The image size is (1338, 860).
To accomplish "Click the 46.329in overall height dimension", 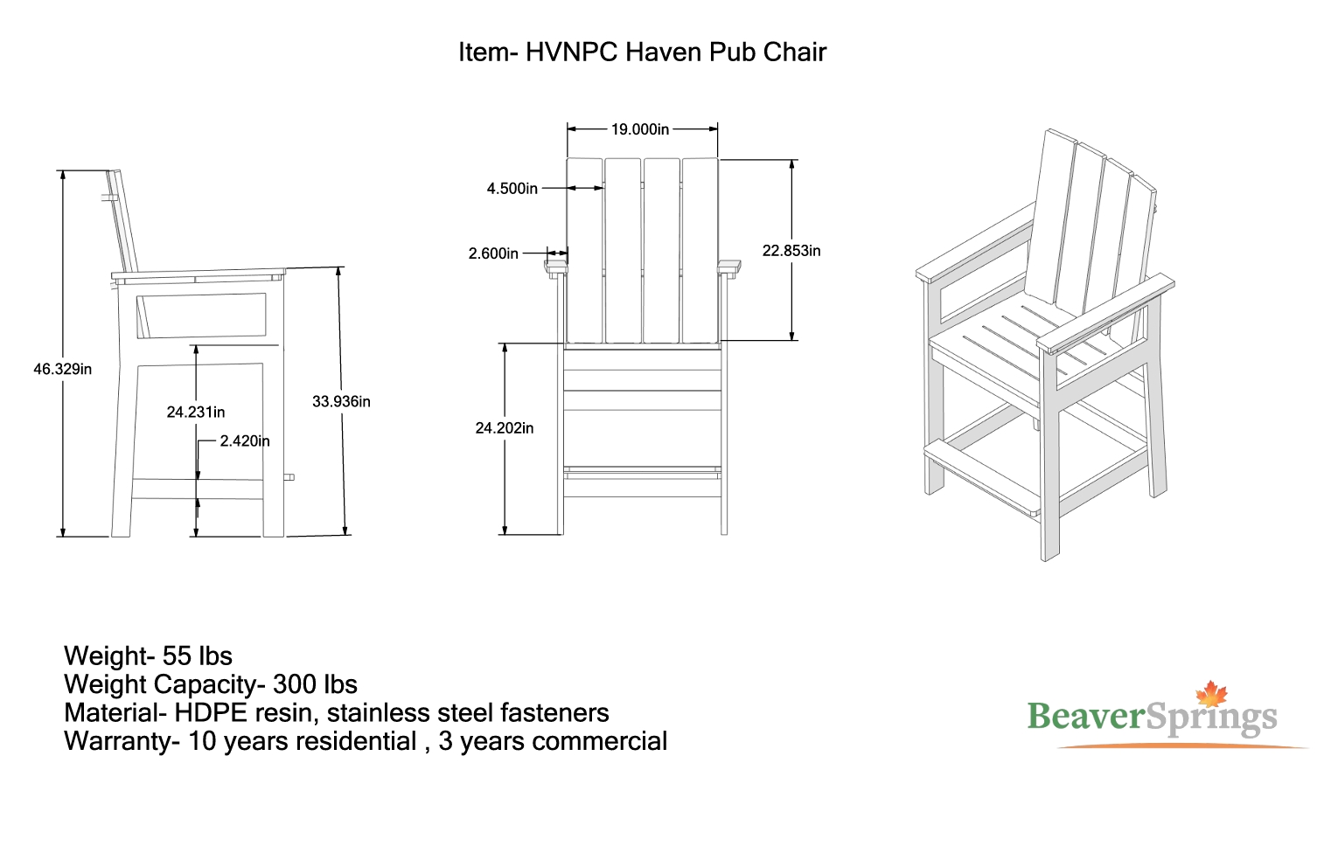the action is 63,370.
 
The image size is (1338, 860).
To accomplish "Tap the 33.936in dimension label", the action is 341,402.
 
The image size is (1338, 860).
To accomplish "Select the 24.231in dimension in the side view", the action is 195,412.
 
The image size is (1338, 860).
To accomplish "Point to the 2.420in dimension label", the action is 245,441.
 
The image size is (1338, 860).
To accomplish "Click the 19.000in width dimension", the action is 640,129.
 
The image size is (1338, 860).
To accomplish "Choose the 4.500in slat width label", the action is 512,189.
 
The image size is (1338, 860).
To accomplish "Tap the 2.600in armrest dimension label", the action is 493,253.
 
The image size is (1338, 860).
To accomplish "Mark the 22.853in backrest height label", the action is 791,251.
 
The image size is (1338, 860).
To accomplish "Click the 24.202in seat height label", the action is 504,428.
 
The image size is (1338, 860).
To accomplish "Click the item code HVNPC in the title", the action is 572,52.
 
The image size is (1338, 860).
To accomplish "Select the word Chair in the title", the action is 794,52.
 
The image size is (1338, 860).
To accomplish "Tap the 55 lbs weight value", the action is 197,655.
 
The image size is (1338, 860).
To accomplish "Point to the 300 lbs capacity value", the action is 315,684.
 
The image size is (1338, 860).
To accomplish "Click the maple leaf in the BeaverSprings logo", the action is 1211,694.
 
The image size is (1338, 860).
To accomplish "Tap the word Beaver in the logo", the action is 1085,716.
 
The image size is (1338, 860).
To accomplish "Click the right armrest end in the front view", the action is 729,268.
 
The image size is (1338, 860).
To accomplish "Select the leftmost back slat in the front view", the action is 584,251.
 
